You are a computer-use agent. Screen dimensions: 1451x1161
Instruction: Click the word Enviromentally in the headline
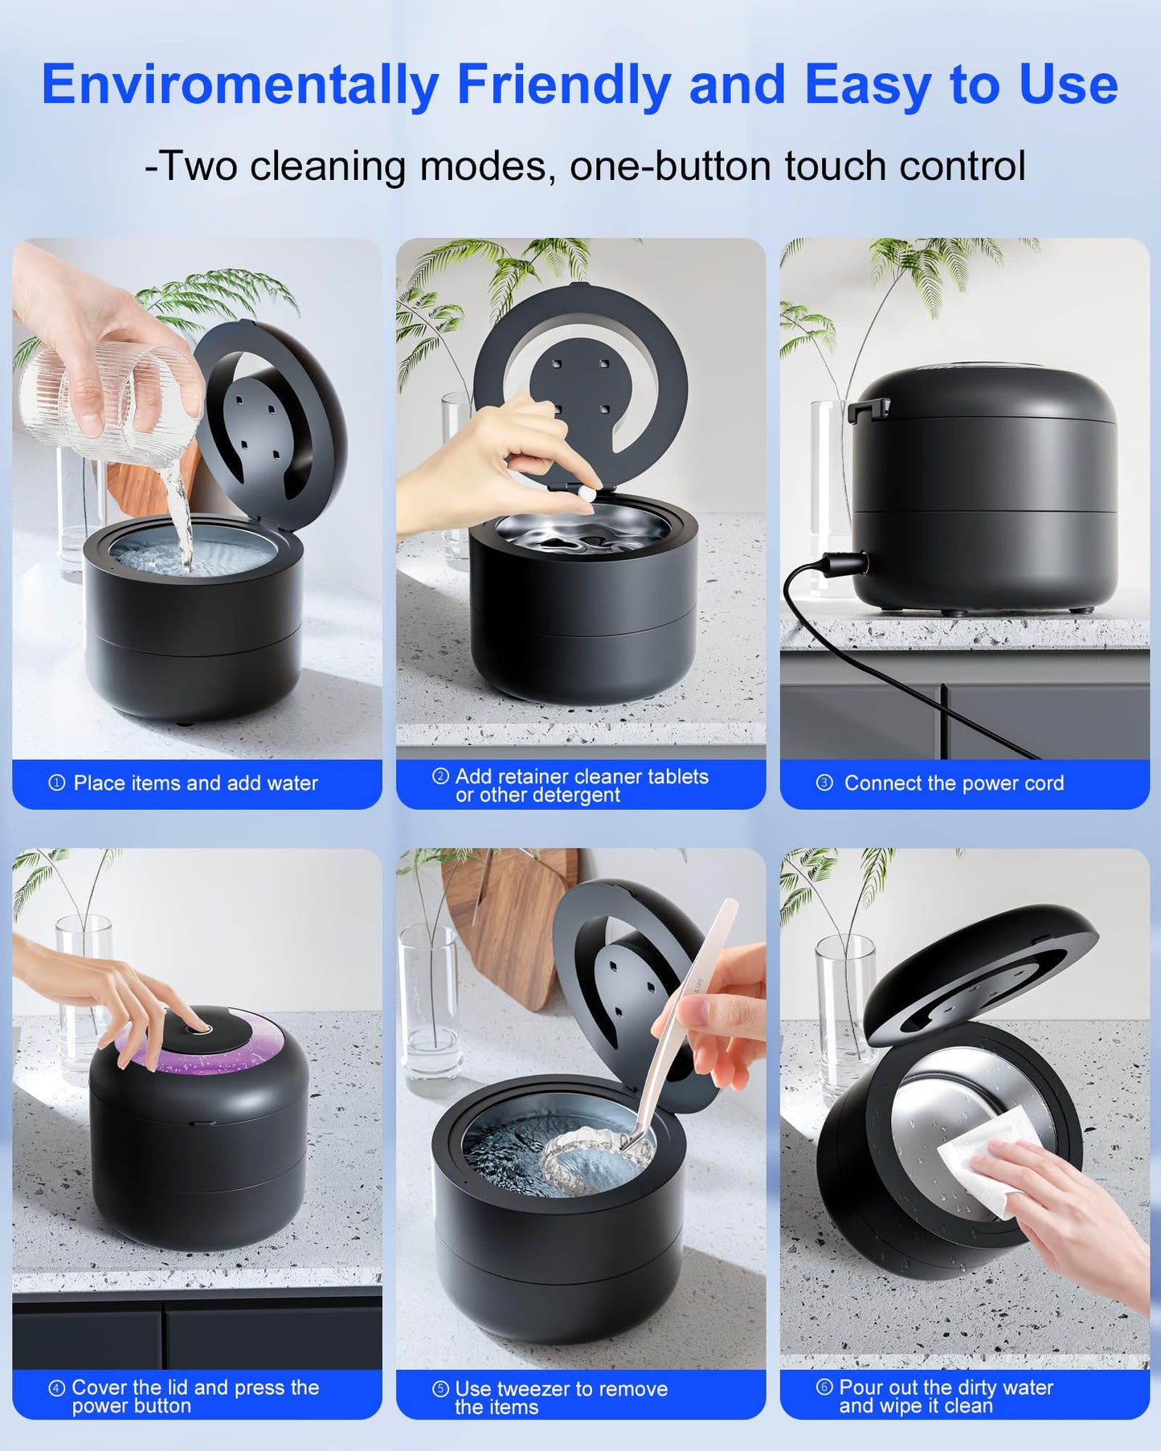tap(239, 85)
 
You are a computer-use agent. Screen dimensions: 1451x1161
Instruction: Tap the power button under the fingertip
tap(198, 1028)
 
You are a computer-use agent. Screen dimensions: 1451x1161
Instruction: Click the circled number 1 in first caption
tap(56, 783)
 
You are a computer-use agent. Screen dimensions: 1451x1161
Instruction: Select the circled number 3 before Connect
tap(824, 783)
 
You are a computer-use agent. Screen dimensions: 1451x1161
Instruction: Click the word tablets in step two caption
tap(678, 776)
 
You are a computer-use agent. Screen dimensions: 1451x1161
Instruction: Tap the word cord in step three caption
tap(1043, 783)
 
